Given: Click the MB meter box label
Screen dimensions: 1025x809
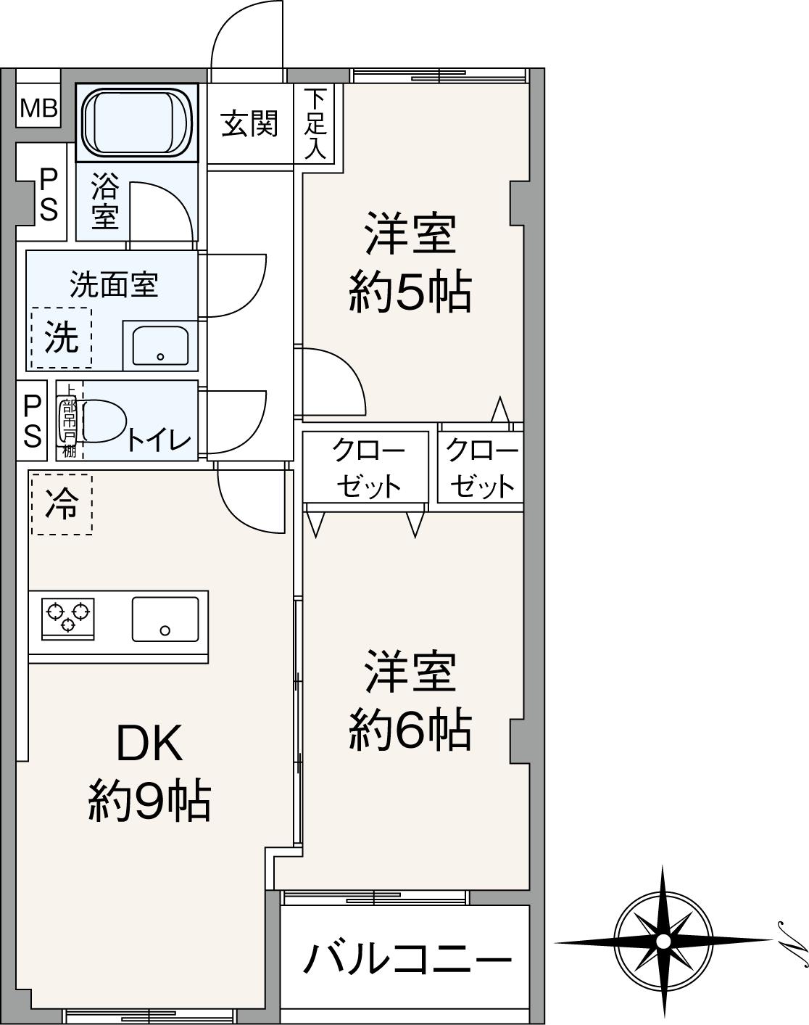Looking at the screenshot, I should [x=38, y=108].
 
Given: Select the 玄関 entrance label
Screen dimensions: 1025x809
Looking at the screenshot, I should [x=249, y=123].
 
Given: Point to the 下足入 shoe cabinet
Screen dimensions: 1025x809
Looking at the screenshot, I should [x=315, y=123].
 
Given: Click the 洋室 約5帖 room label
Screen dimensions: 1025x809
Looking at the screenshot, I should [x=410, y=263].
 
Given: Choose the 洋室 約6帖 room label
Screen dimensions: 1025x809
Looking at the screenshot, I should [x=410, y=700].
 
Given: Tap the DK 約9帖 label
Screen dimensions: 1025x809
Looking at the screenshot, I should [x=149, y=773].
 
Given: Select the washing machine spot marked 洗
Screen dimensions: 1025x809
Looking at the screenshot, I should [x=61, y=337].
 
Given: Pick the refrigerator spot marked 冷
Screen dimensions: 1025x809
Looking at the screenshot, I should [x=61, y=504].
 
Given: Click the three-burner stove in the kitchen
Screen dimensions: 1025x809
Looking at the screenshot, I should [x=68, y=618].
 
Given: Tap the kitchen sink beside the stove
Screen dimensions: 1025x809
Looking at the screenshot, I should [x=165, y=619].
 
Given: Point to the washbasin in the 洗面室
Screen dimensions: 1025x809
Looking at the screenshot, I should [x=160, y=346].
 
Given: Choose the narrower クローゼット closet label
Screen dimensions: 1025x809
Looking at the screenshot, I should [x=481, y=469].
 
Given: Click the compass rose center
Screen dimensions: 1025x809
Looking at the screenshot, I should [x=663, y=941].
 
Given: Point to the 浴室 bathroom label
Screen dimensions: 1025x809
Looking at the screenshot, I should [x=104, y=202].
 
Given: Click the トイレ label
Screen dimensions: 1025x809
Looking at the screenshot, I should [x=159, y=440].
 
